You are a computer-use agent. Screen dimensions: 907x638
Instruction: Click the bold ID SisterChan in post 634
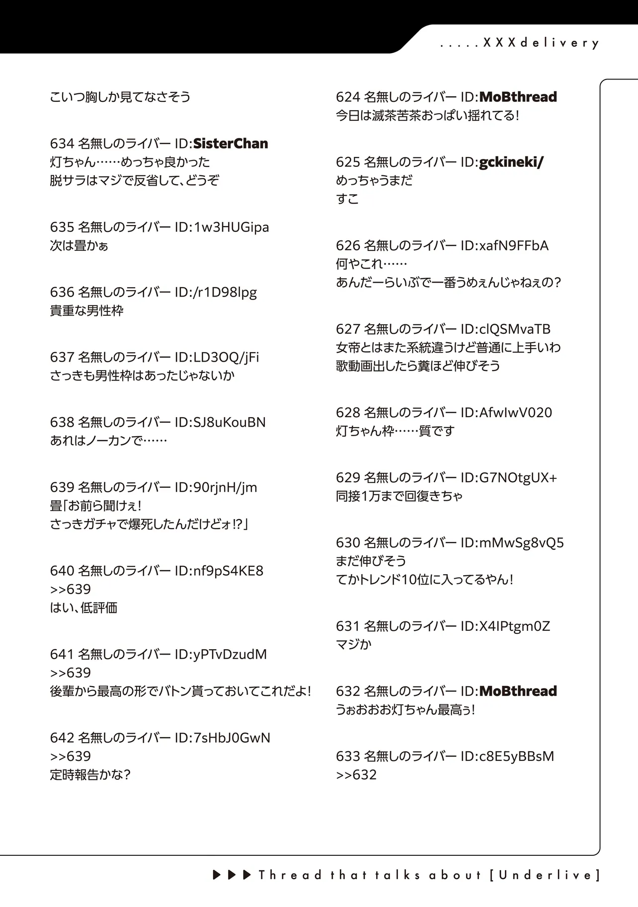tap(231, 144)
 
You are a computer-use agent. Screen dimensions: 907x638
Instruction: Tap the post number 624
tap(347, 97)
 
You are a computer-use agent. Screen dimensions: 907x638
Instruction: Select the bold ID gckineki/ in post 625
tap(511, 162)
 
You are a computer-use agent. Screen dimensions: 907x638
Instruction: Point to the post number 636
tap(62, 292)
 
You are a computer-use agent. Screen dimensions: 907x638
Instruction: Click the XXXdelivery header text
tap(541, 43)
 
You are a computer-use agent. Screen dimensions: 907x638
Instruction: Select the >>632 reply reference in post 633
tap(356, 775)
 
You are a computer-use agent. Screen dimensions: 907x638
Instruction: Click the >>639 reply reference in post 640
tap(71, 589)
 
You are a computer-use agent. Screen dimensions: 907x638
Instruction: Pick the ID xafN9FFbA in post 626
tap(514, 245)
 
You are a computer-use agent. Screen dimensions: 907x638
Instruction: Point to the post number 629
tap(347, 478)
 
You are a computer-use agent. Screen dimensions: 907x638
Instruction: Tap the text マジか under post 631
tap(354, 645)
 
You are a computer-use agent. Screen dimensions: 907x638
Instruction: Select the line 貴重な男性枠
tap(86, 311)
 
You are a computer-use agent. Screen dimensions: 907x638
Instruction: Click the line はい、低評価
tap(83, 608)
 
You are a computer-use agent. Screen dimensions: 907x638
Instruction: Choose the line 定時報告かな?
tap(90, 775)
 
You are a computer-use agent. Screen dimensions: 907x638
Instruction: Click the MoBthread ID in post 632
tap(518, 691)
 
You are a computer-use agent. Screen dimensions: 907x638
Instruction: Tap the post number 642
tap(62, 738)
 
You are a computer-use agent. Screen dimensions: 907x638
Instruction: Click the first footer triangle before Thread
tap(217, 875)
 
